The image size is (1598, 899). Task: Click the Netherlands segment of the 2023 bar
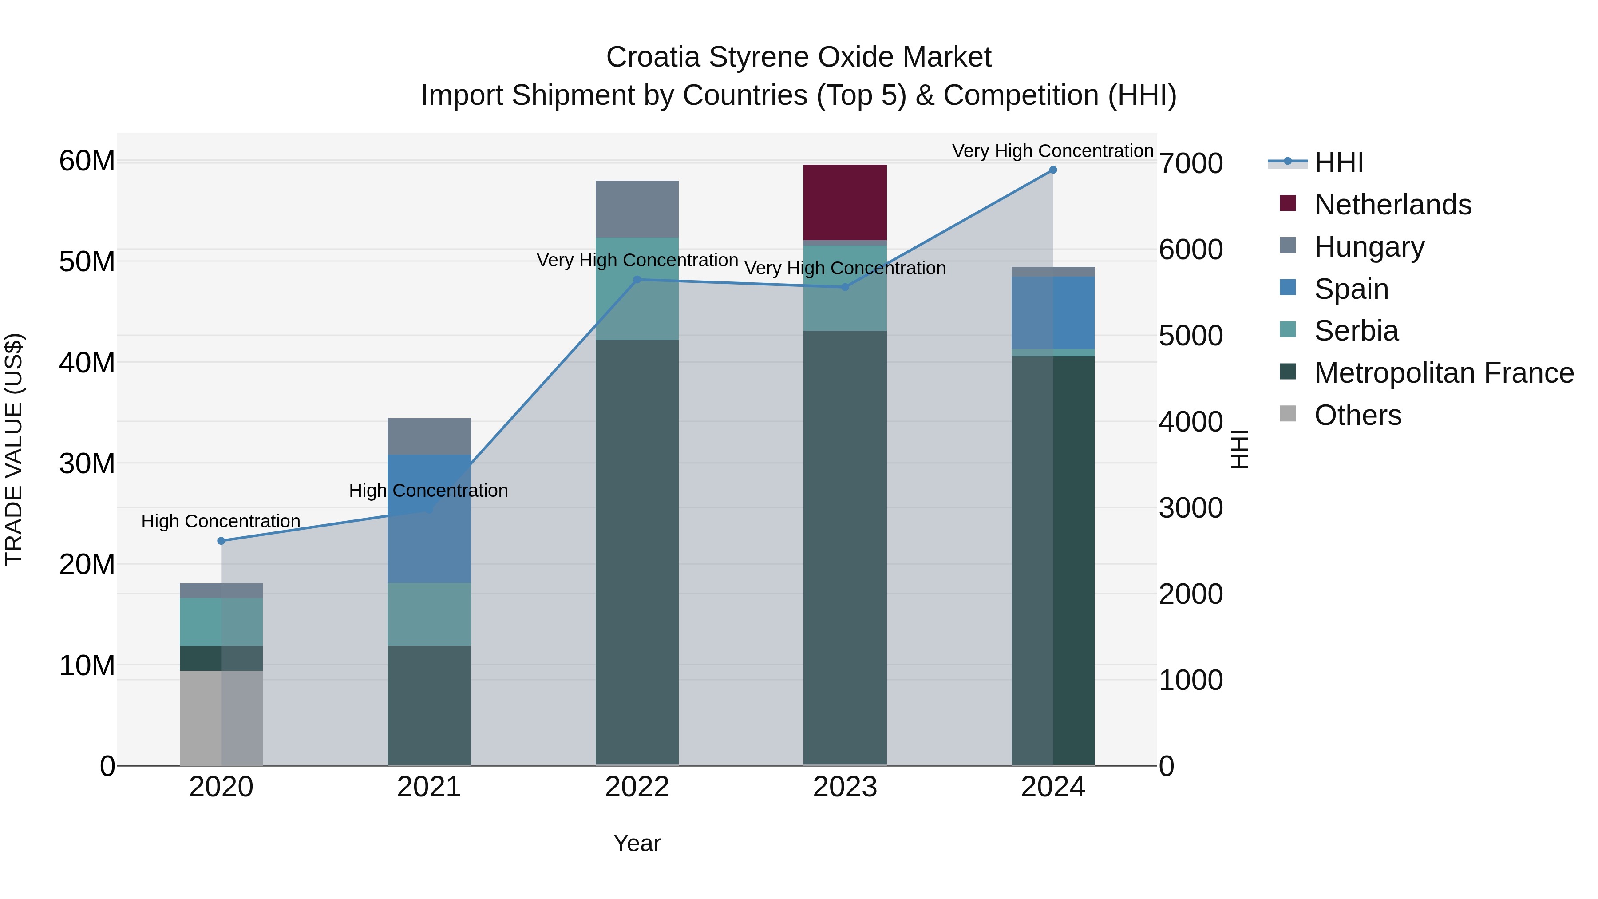coord(844,202)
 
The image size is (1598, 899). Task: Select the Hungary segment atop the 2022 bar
coord(637,209)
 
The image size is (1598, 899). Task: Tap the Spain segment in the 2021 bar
coord(429,518)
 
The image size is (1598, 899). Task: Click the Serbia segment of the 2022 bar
coord(637,289)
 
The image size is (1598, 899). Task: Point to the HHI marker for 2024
coord(1053,170)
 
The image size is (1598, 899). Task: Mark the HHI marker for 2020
coord(221,541)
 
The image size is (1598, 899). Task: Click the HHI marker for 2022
coord(637,280)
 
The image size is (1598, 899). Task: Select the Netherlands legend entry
coord(1392,205)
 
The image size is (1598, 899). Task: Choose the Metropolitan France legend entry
coord(1444,373)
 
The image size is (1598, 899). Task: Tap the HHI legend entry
coord(1339,162)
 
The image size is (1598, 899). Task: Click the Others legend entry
coord(1357,415)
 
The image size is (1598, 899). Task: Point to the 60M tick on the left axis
coord(87,161)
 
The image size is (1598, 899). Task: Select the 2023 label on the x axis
coord(844,787)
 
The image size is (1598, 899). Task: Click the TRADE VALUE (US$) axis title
coord(14,449)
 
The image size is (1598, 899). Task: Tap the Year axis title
coord(637,843)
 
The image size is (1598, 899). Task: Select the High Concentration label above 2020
coord(221,521)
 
